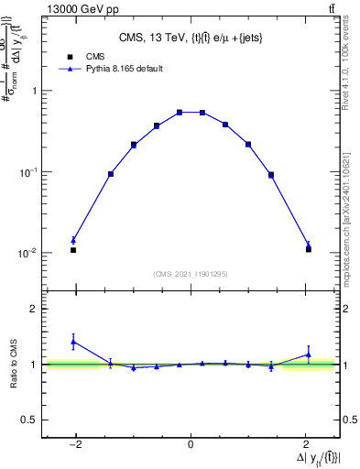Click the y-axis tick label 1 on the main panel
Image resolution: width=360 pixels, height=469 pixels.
[34, 91]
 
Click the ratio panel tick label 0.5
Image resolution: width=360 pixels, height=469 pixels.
[30, 420]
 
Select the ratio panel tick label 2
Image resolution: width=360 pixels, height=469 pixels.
[34, 309]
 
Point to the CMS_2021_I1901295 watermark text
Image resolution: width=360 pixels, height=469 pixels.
[191, 274]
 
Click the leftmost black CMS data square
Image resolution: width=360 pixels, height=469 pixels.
[73, 249]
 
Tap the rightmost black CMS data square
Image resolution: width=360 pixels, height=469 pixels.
[309, 249]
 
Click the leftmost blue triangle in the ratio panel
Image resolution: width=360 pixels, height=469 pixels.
[73, 342]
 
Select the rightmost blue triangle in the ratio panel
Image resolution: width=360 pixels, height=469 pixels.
[309, 354]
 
